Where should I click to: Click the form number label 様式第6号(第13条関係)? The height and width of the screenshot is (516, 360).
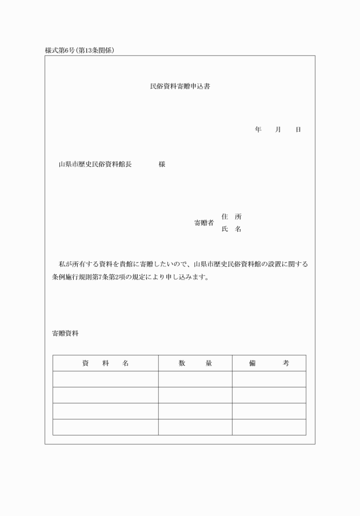click(80, 50)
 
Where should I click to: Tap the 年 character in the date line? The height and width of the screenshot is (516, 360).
click(258, 130)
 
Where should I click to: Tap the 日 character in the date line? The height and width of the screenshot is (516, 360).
click(298, 130)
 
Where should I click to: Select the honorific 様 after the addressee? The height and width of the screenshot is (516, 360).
click(162, 165)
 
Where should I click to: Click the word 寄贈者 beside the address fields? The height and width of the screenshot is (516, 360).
click(204, 223)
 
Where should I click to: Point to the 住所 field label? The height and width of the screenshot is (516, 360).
click(231, 217)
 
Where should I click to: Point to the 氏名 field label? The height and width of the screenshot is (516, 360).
click(231, 229)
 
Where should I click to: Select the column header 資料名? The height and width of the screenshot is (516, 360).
click(106, 363)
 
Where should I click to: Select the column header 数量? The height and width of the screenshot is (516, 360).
click(195, 363)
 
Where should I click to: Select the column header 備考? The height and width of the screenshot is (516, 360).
click(269, 363)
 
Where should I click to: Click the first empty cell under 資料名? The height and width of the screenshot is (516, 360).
click(106, 379)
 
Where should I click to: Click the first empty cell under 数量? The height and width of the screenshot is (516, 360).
click(195, 379)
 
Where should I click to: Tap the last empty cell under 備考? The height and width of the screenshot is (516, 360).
click(269, 427)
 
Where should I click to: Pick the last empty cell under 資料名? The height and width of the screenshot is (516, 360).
click(106, 427)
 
